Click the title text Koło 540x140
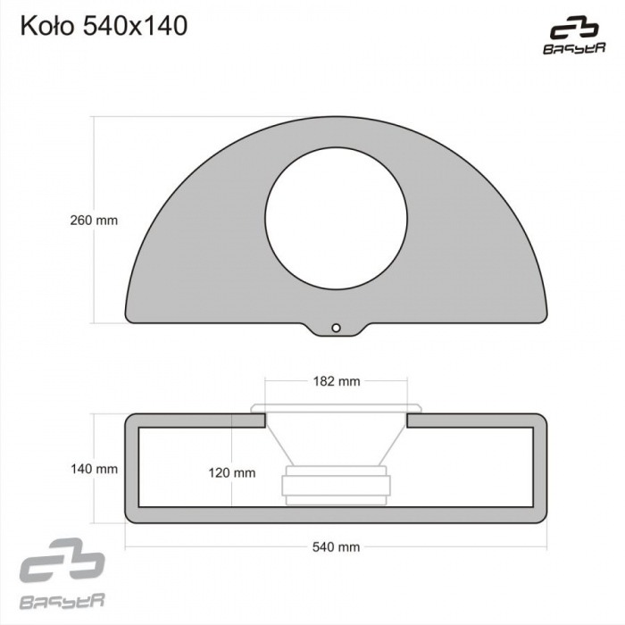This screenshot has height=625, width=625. [x=104, y=27]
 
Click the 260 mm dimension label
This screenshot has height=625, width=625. [x=94, y=219]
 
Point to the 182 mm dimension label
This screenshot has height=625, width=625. [x=337, y=381]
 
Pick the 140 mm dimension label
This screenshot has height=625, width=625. [x=94, y=468]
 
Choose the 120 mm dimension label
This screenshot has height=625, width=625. [x=231, y=473]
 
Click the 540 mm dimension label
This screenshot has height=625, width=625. [x=337, y=546]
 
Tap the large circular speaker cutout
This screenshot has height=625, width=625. [x=337, y=219]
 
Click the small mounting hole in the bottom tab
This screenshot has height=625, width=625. [x=337, y=328]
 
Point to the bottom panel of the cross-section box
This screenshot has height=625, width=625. [x=337, y=515]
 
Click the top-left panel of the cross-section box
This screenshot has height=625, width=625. [x=196, y=421]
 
